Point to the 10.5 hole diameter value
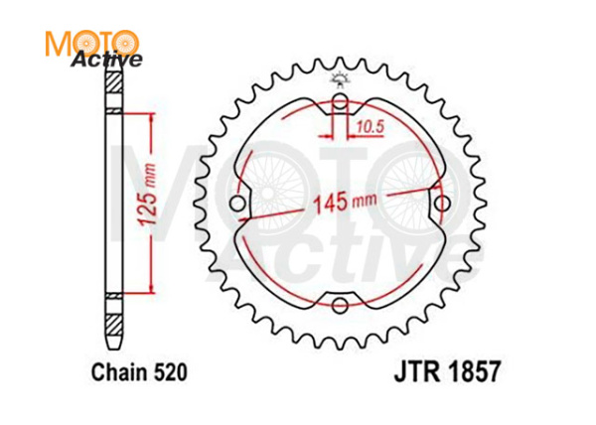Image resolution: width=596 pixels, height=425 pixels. pos(371,125)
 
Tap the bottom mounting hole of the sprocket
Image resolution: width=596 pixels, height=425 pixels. pos(341,304)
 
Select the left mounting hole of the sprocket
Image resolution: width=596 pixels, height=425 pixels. pos(238,206)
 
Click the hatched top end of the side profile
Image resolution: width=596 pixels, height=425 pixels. pos(112,85)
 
